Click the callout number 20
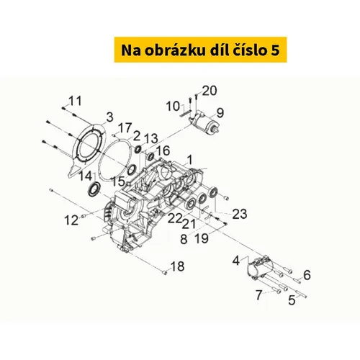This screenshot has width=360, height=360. [210, 91]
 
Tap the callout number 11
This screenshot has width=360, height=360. [75, 101]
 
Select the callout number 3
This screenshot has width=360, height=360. [109, 117]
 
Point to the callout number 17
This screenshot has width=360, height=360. [125, 128]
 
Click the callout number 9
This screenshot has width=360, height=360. [220, 113]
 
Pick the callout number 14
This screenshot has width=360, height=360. [86, 176]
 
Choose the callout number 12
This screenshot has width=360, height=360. [71, 220]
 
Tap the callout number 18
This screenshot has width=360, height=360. [177, 266]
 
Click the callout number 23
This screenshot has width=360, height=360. [240, 214]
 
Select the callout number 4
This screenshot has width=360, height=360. [236, 261]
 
